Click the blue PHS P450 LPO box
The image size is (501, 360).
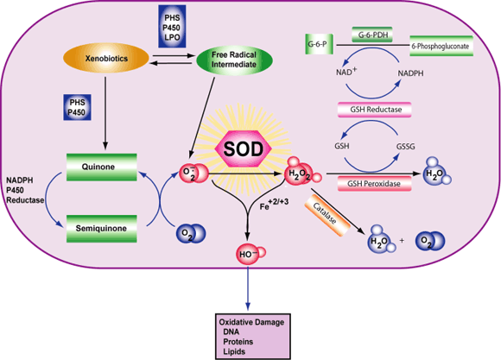tap(170, 23)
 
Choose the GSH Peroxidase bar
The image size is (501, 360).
tap(374, 182)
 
